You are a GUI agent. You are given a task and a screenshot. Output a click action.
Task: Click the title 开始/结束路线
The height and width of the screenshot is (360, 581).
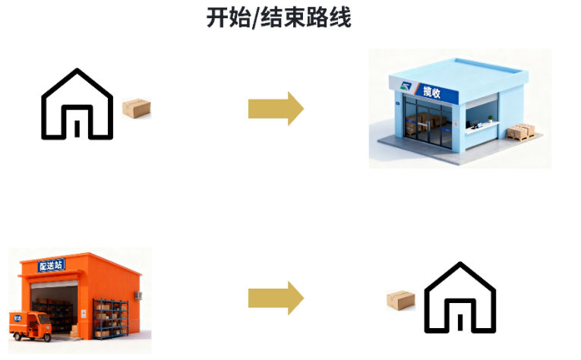click(279, 17)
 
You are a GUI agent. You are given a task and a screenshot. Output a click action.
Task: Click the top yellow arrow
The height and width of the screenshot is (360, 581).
click(276, 109)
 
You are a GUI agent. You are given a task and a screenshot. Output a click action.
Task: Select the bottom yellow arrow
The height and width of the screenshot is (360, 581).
click(276, 298)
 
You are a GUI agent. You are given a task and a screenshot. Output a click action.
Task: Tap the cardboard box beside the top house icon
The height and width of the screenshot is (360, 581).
click(137, 108)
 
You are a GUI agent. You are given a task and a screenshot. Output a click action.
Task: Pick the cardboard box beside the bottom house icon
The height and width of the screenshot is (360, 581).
click(400, 300)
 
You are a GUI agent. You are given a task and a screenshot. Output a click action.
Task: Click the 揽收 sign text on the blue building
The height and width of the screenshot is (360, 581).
click(432, 92)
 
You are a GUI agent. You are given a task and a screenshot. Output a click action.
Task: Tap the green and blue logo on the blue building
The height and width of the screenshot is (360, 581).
click(406, 87)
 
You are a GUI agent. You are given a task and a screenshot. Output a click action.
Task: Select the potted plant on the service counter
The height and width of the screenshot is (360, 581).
click(490, 118)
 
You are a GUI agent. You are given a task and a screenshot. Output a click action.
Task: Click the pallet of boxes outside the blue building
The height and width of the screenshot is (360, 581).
click(520, 132)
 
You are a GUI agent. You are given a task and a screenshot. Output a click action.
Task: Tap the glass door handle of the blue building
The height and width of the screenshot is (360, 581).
click(428, 126)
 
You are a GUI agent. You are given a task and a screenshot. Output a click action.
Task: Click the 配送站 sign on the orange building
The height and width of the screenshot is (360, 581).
click(51, 265)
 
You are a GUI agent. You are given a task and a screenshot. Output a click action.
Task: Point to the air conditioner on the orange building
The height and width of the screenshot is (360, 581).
click(138, 295)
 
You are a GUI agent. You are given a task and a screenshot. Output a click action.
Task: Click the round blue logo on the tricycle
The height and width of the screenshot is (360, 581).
click(17, 318)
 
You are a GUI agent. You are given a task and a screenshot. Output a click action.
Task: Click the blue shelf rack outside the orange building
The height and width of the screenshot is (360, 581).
click(111, 319)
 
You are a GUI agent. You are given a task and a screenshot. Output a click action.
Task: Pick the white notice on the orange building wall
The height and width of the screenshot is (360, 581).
click(84, 314)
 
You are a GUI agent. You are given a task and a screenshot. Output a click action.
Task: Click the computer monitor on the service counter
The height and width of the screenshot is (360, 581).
click(475, 123)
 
